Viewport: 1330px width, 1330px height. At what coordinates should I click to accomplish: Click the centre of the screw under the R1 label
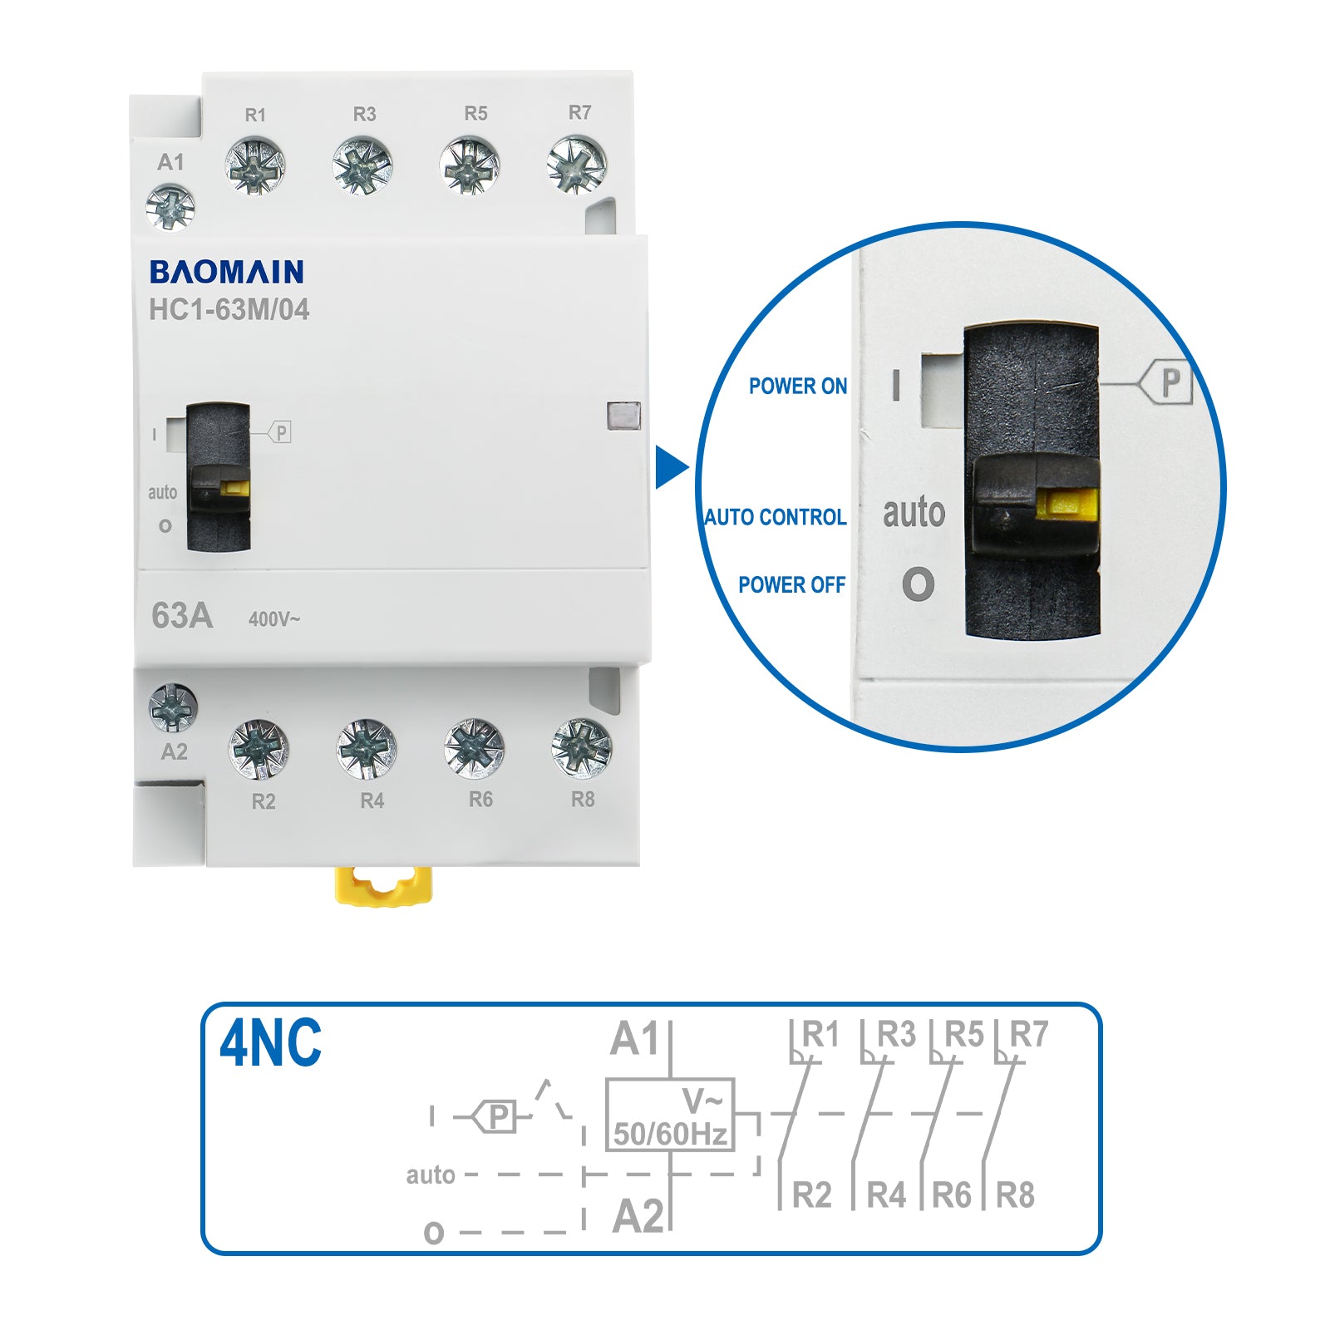255,165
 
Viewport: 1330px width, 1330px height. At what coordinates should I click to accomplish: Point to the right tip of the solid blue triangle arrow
689,468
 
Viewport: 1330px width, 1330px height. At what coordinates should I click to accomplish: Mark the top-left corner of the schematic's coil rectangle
606,1079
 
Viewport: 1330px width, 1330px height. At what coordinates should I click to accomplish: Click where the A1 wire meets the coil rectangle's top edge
670,1079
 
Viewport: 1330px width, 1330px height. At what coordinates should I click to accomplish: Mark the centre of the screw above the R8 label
581,748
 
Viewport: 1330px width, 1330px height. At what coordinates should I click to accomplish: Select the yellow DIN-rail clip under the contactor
383,885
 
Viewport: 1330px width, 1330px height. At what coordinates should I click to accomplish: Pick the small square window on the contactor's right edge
624,416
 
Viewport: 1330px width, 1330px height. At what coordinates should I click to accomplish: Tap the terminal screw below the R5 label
470,165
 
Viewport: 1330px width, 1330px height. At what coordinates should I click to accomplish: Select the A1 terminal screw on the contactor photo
170,207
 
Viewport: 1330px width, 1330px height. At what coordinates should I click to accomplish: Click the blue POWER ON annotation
798,386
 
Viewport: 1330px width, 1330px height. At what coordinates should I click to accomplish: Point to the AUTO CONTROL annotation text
776,517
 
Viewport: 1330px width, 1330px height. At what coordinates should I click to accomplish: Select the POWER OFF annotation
792,585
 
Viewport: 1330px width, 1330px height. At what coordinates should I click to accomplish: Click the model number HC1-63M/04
229,310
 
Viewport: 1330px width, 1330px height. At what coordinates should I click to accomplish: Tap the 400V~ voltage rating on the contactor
274,619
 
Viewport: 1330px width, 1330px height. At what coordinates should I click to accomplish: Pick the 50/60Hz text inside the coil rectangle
670,1134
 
